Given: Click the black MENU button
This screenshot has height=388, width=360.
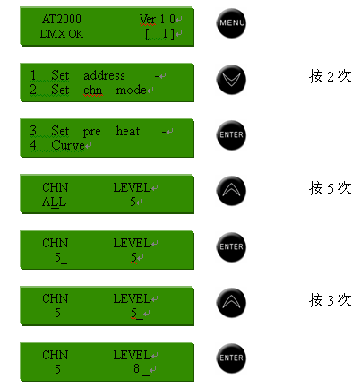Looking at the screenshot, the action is [x=231, y=23].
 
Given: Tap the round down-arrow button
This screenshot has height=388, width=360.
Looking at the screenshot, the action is [x=231, y=80].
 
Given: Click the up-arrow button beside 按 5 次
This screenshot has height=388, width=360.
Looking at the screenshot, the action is [x=231, y=191].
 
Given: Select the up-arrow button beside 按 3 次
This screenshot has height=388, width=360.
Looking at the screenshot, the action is [x=231, y=302].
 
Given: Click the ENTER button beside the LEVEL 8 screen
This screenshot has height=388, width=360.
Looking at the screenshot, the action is [x=231, y=358].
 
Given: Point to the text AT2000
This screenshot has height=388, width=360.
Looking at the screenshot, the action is [x=62, y=19].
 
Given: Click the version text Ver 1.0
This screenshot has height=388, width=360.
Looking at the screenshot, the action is [x=158, y=19].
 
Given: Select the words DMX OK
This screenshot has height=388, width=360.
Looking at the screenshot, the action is [x=62, y=34].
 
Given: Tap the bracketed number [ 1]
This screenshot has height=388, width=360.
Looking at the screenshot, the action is [x=159, y=34].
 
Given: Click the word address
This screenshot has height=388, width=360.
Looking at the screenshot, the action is [x=104, y=75].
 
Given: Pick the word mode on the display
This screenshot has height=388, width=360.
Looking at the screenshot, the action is [x=131, y=90].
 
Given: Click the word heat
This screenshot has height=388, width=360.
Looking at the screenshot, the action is [x=128, y=131].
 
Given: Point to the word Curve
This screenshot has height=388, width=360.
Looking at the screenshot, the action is [x=68, y=145].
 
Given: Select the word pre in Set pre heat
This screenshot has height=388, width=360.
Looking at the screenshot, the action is [x=92, y=132].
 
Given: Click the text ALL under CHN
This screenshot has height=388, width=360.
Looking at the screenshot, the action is [x=54, y=203].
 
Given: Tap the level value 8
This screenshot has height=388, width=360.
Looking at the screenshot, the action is [x=136, y=368].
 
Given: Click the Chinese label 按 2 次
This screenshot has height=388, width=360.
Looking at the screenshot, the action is [x=330, y=76].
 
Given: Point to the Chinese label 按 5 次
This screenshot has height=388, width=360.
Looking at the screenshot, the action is [x=330, y=188].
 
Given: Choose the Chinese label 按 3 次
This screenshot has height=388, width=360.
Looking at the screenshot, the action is [x=330, y=300].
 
